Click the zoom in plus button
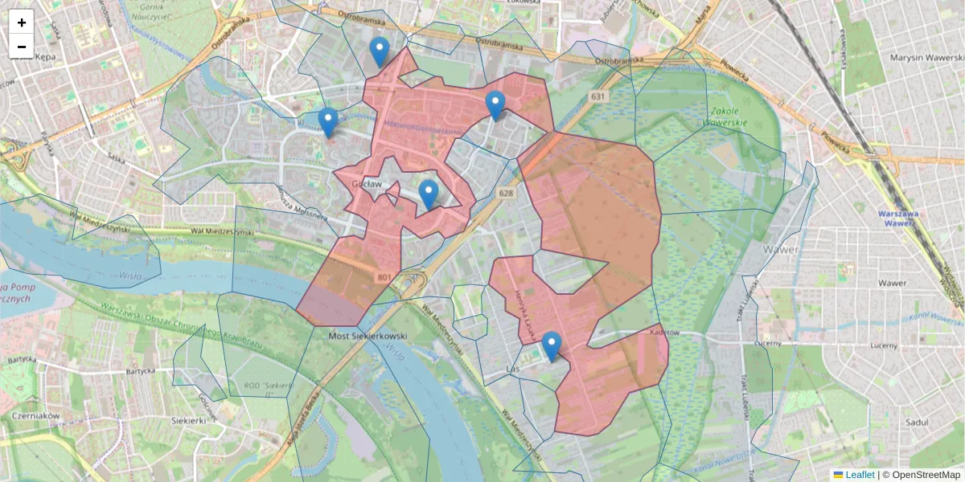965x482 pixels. [x=22, y=22]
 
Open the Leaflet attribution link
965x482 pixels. [x=860, y=475]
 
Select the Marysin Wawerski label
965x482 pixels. [x=926, y=58]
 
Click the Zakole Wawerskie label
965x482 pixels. [x=725, y=116]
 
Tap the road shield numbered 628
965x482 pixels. [x=505, y=194]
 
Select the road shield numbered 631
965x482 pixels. [x=596, y=96]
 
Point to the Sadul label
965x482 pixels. [x=916, y=423]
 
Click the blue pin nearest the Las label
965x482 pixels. [x=551, y=346]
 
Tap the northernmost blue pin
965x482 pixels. [x=380, y=52]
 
